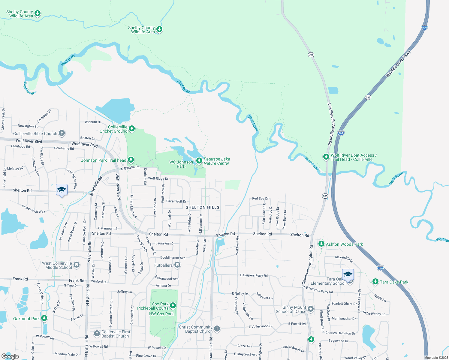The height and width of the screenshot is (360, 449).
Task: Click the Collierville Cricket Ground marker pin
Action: (131, 129)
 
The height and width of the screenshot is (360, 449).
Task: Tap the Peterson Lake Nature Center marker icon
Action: (199, 161)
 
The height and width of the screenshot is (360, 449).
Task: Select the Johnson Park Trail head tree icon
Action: (131, 160)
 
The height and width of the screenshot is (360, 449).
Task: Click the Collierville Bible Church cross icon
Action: (62, 133)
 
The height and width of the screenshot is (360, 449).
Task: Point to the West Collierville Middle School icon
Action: (77, 265)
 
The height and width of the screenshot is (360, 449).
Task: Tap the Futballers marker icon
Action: (177, 265)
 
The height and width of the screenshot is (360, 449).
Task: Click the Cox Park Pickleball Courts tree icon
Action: (173, 306)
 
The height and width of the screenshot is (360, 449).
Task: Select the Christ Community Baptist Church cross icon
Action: (217, 329)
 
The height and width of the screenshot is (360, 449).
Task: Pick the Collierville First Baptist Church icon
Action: (97, 333)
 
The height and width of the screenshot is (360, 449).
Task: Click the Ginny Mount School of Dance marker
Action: (311, 309)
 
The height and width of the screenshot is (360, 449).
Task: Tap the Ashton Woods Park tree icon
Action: (321, 244)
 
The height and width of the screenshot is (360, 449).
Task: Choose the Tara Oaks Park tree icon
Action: (375, 281)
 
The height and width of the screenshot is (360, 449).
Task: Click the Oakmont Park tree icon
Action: (44, 318)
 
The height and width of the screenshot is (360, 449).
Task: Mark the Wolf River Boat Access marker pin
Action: (326, 157)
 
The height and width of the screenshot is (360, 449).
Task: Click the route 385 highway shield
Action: (368, 97)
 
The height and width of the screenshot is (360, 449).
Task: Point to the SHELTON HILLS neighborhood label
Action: (203, 207)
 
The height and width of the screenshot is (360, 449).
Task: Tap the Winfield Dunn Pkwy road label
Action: (398, 64)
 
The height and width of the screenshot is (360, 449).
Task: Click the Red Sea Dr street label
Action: (260, 199)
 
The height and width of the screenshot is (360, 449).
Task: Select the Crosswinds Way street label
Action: (33, 209)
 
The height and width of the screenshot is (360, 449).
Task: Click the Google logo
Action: (10, 356)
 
